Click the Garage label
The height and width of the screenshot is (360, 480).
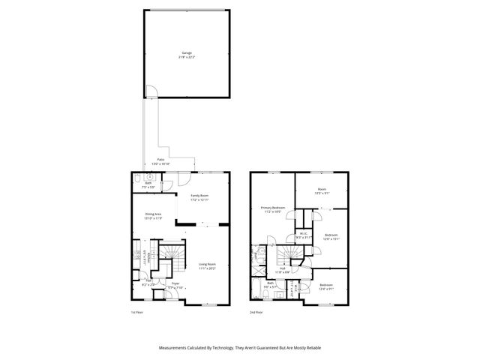pos(186,54)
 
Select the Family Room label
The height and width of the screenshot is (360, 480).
pos(199,198)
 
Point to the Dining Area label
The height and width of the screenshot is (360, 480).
pos(153,216)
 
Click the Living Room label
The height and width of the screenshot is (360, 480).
pos(206,265)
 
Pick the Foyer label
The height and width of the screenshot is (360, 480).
pos(175,283)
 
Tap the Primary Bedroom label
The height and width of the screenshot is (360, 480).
pos(271,210)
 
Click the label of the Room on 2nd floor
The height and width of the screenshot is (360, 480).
pos(321,190)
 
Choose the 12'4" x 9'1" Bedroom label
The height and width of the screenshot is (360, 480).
pos(326,286)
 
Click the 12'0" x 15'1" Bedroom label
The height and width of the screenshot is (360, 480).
pos(331,237)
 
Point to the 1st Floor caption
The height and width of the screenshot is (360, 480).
pos(136,312)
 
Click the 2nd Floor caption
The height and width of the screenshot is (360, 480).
pos(257,312)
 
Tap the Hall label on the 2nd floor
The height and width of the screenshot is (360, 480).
pos(283,269)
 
